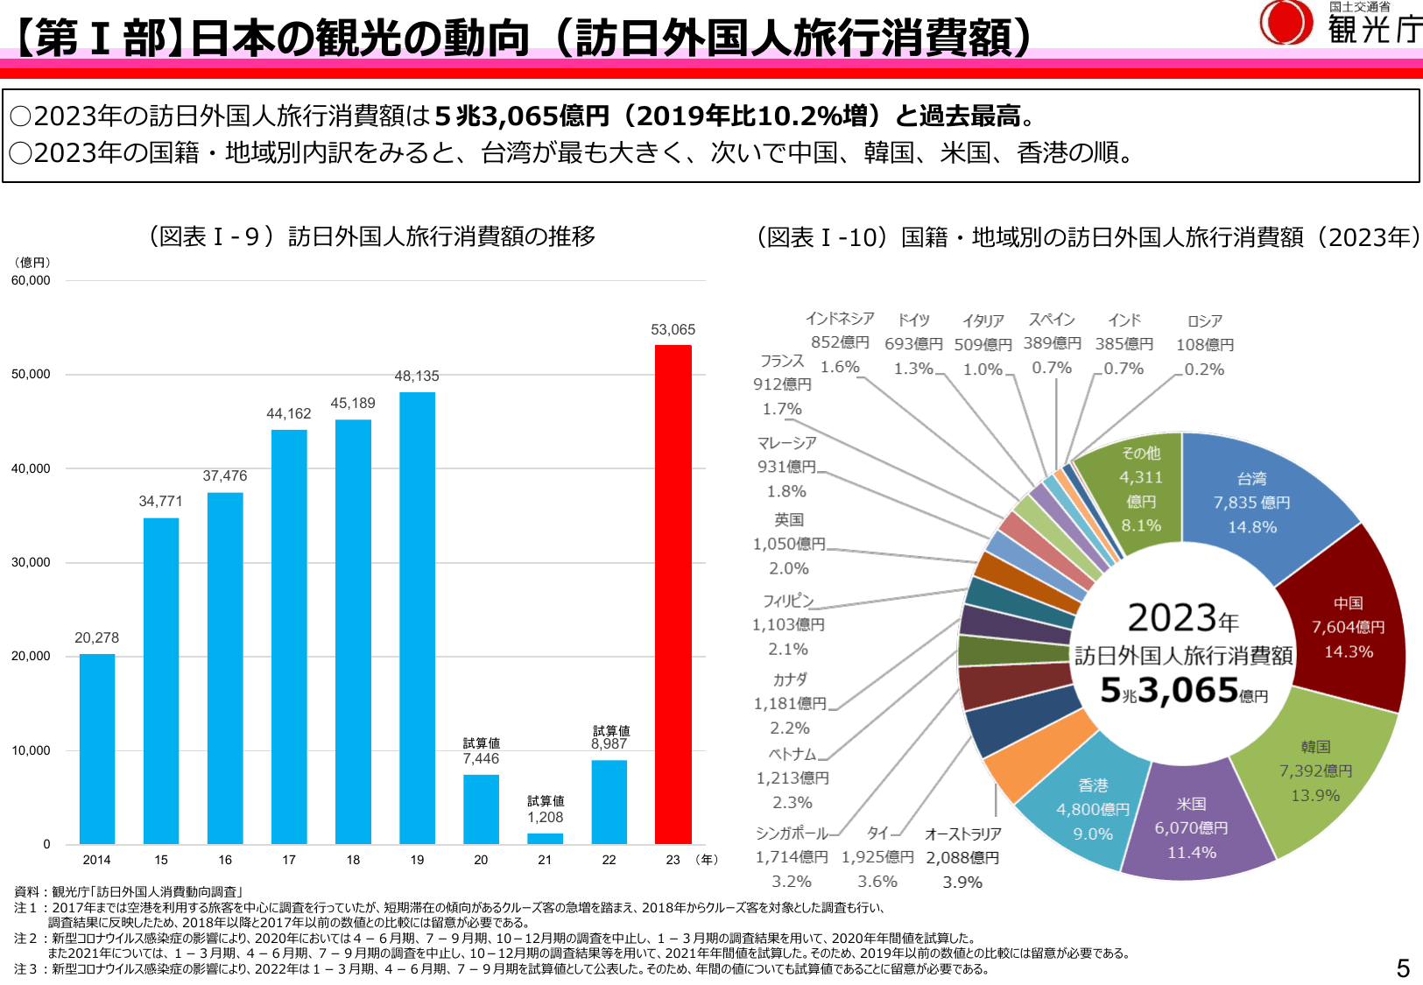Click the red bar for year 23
(673, 595)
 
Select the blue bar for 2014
(97, 749)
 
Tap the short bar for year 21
(545, 838)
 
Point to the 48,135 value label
(417, 376)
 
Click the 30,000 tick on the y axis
(31, 562)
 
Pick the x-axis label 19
(417, 860)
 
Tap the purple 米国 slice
(1191, 827)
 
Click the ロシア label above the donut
(1205, 321)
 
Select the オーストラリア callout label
(962, 834)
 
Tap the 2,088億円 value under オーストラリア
(962, 858)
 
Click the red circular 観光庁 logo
(1285, 23)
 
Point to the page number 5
(1403, 967)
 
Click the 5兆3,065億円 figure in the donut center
(1182, 692)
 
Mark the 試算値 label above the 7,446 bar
(481, 743)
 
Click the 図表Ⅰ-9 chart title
(371, 236)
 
